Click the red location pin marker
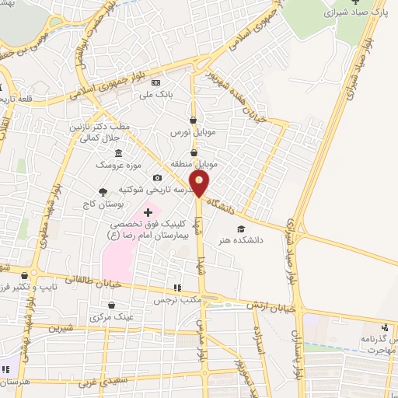(200, 183)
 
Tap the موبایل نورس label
(193, 133)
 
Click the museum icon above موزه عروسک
(117, 152)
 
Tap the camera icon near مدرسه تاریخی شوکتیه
(157, 178)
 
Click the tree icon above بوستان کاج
(102, 191)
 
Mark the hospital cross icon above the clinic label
(148, 211)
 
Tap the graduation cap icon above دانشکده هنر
(240, 229)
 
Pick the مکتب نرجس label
(170, 298)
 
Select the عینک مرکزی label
(112, 317)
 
